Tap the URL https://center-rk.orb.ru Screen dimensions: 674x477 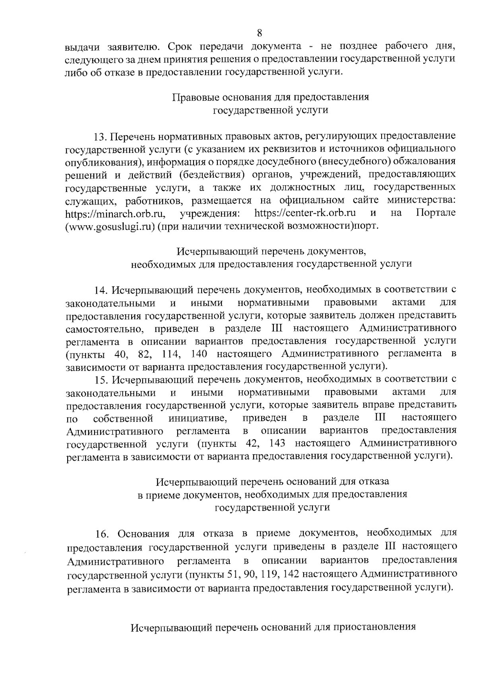pyautogui.click(x=304, y=213)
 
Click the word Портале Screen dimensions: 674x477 pyautogui.click(x=436, y=213)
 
